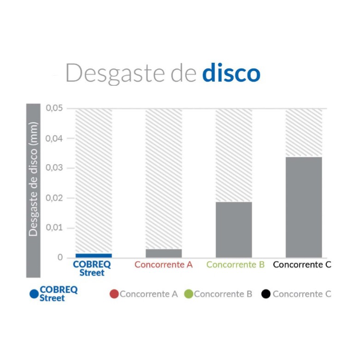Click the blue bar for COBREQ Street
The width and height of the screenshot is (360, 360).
coord(94,255)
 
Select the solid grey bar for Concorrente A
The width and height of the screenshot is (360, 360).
coord(164,253)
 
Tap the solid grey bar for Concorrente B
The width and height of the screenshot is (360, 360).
coord(234,230)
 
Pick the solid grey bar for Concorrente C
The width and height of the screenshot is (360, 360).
coord(304,207)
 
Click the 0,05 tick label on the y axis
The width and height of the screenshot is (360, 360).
coord(54,108)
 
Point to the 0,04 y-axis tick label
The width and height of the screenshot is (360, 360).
coord(54,138)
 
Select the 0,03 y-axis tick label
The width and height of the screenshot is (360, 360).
coord(54,168)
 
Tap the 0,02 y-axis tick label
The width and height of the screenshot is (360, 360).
coord(54,198)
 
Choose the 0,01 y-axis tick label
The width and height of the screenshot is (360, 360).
coord(54,228)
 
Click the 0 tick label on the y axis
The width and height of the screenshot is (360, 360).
coord(60,258)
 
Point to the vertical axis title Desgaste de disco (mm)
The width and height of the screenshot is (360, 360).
coord(33,179)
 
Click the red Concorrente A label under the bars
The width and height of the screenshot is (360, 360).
coord(164,265)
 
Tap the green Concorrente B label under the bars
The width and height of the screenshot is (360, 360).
coord(235,265)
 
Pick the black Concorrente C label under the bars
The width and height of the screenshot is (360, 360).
coord(302,265)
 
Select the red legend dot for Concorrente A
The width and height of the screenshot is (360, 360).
coord(114,294)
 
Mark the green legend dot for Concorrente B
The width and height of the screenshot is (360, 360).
coord(188,294)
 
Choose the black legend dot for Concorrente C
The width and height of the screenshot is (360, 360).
coord(266,294)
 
